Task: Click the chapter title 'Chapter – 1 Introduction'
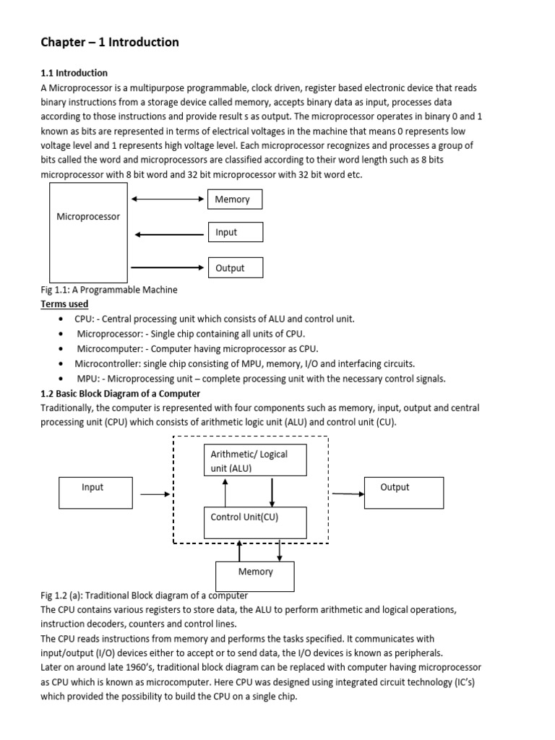[x=109, y=43]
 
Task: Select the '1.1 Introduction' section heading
[x=74, y=73]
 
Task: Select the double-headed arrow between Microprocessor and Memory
[x=168, y=199]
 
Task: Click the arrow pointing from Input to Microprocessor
[x=170, y=233]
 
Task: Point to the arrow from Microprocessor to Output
[x=170, y=267]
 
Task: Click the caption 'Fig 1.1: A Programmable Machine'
[x=109, y=290]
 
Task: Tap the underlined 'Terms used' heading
[x=64, y=304]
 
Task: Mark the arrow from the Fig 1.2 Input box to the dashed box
[x=155, y=494]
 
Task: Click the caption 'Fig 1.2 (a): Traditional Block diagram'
[x=144, y=595]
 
